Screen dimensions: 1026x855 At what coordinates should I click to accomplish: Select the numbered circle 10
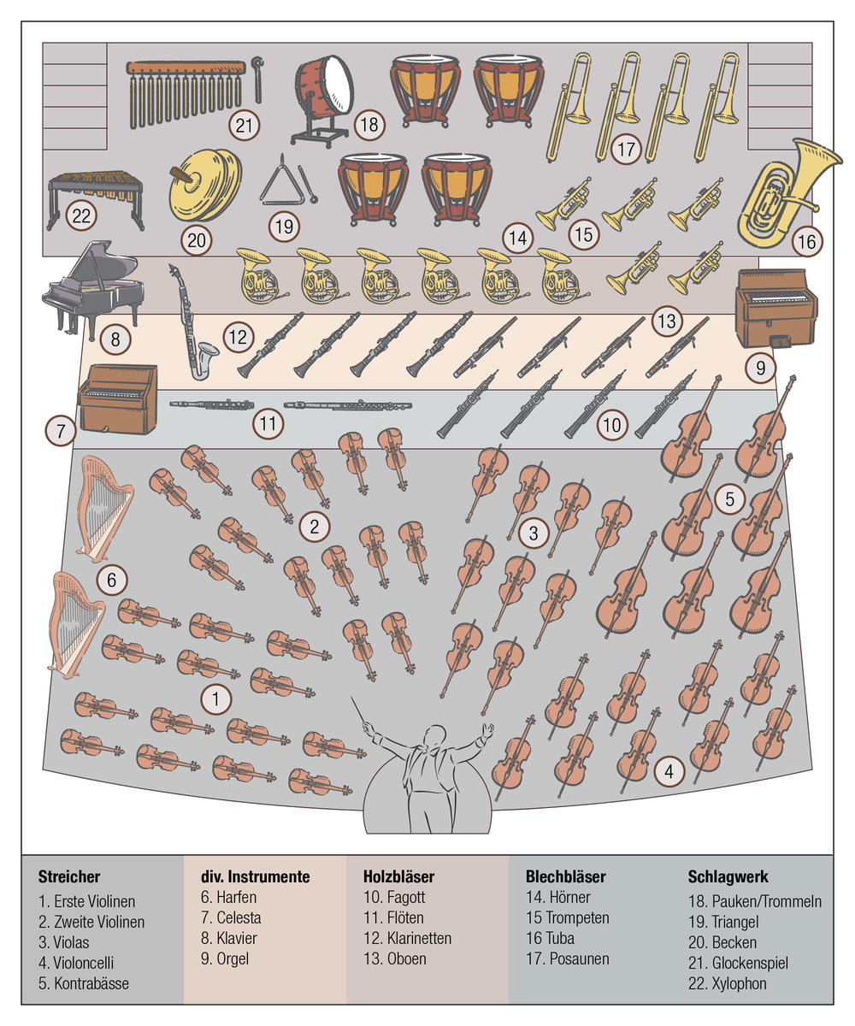pyautogui.click(x=612, y=424)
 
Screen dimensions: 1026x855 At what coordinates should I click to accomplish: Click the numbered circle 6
pyautogui.click(x=111, y=581)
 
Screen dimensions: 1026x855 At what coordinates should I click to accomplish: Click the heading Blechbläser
pyautogui.click(x=566, y=876)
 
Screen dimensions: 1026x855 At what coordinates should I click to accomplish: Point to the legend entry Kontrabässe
pyautogui.click(x=91, y=983)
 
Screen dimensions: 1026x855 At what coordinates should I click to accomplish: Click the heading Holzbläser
pyautogui.click(x=398, y=876)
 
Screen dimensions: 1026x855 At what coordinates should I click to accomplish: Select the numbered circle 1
pyautogui.click(x=215, y=700)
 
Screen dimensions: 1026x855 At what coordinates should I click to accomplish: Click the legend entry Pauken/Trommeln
pyautogui.click(x=755, y=901)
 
